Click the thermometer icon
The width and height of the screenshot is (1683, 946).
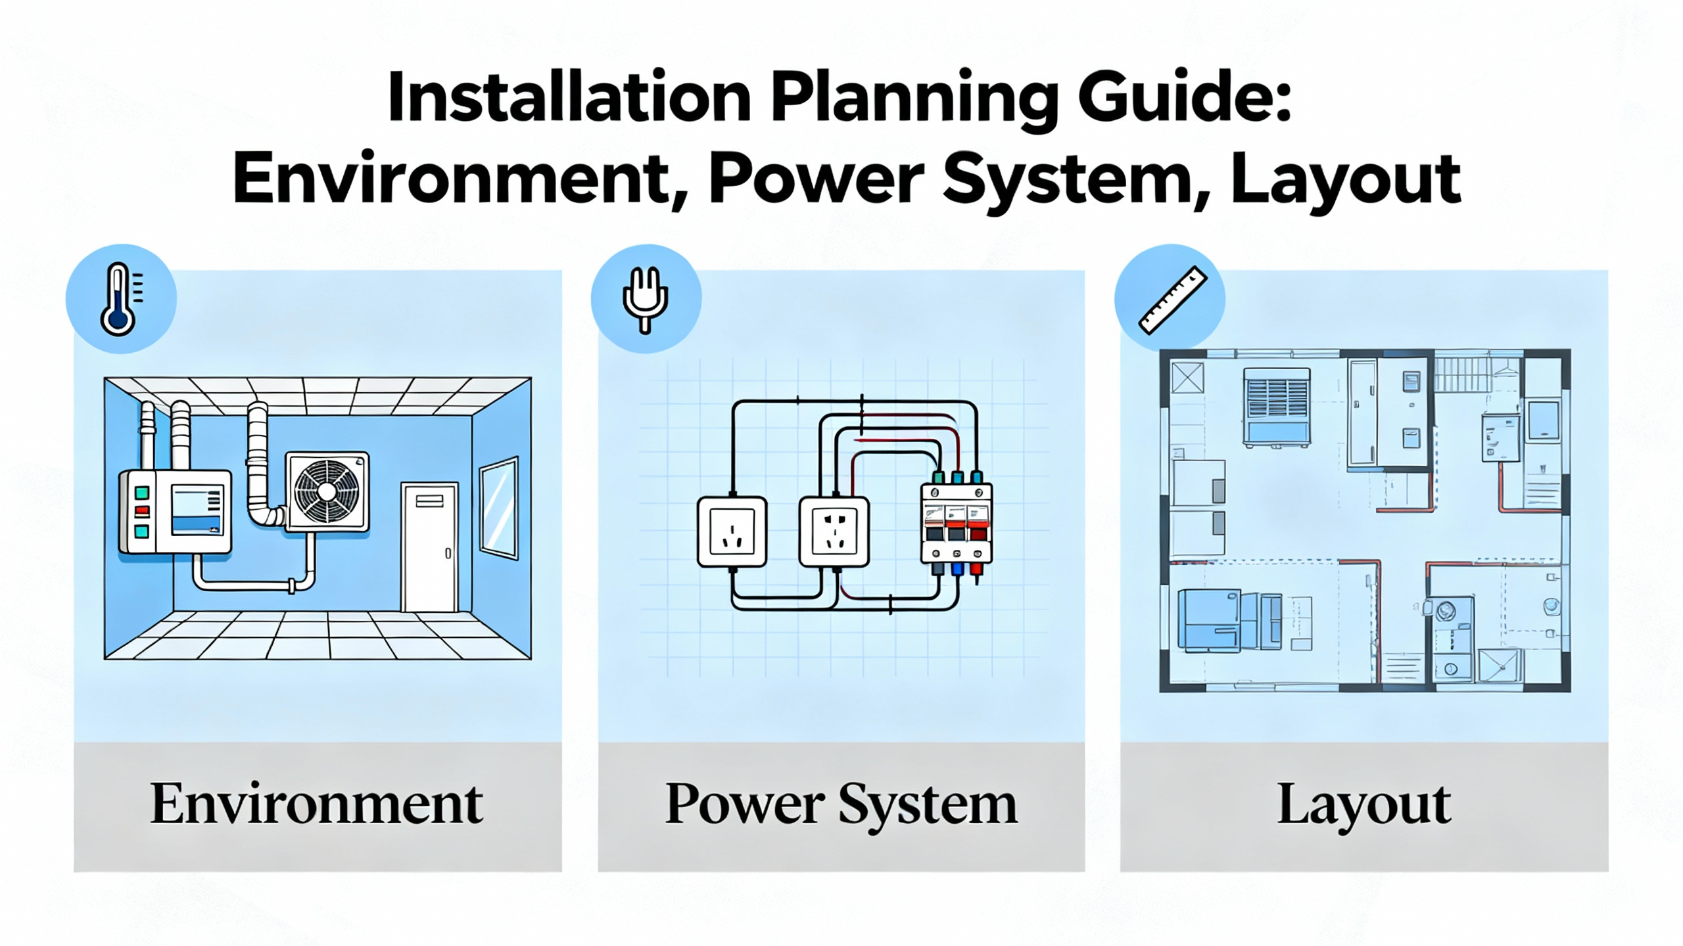pos(120,299)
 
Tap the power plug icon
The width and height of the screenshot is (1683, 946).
pos(645,299)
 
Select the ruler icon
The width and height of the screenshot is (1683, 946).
pos(1172,300)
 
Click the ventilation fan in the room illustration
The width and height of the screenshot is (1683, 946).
pos(327,491)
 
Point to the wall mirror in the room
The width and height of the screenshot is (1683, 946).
pos(499,507)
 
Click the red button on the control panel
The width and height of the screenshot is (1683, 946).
pos(141,511)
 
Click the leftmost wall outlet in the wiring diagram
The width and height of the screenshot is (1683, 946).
pos(732,531)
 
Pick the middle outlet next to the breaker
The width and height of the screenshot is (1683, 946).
pos(834,531)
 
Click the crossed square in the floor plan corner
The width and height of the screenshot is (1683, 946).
pos(1188,377)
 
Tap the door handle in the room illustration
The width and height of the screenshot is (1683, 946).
pos(448,553)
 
